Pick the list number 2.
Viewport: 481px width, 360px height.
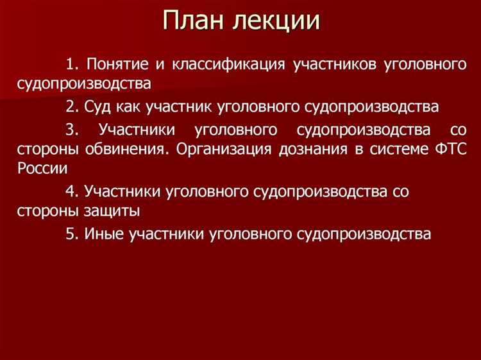(71, 107)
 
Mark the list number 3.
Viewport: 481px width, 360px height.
(71, 129)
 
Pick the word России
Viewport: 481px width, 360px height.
(42, 169)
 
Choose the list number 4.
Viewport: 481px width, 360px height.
(71, 191)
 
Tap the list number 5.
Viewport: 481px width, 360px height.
(71, 234)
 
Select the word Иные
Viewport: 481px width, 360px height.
(103, 234)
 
